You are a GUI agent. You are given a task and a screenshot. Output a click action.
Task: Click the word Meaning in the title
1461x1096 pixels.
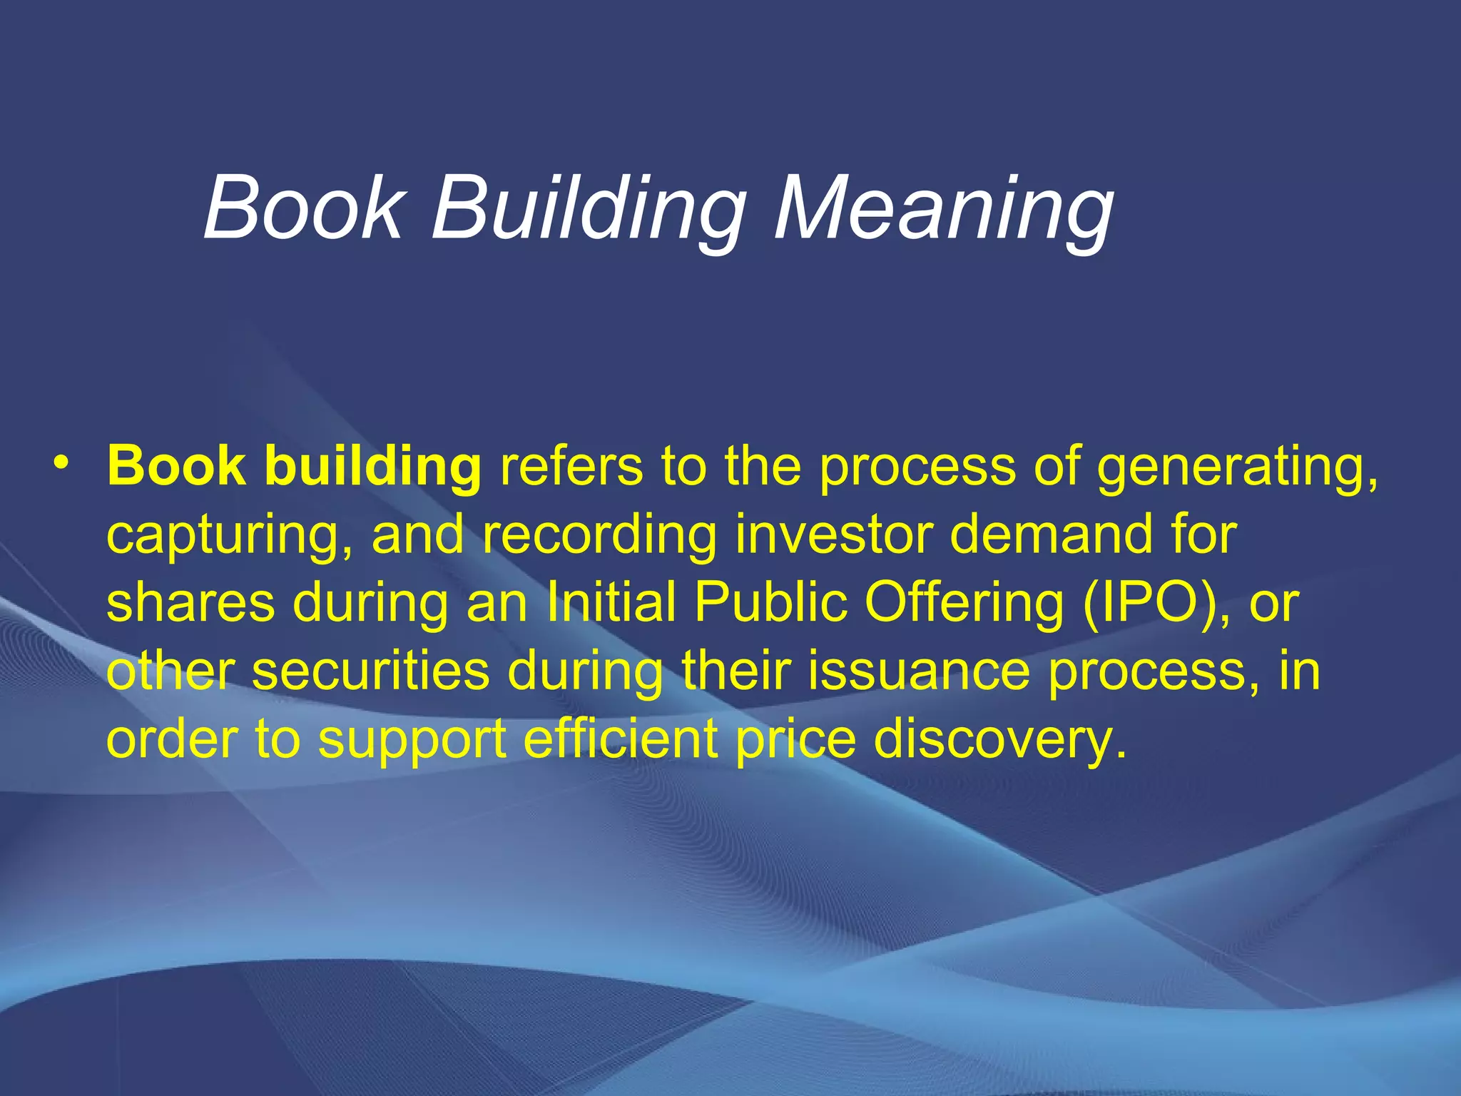tap(943, 209)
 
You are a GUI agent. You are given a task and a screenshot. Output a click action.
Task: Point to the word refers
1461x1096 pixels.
tap(571, 465)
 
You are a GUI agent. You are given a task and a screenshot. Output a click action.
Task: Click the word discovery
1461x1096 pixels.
tap(1000, 739)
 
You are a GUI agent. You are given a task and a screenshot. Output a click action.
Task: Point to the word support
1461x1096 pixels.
tap(412, 741)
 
